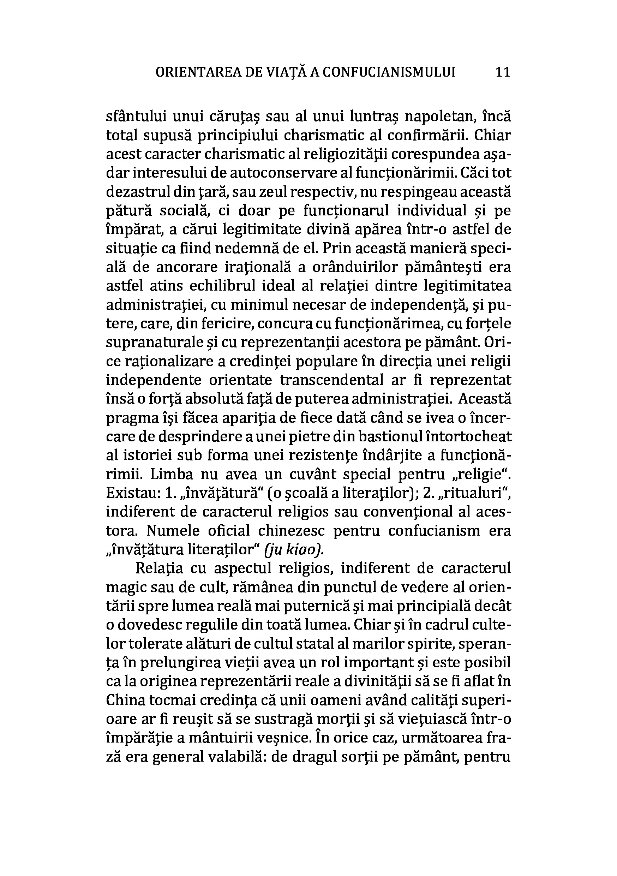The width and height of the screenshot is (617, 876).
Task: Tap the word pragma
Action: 129,419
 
